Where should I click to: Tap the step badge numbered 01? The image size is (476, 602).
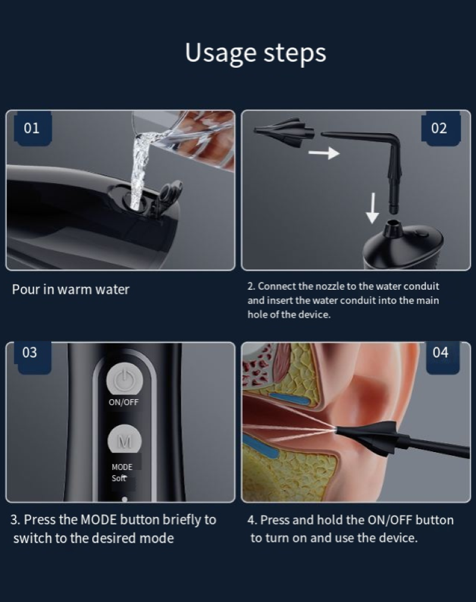[x=32, y=128]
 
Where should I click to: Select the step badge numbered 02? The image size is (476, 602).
[x=440, y=128]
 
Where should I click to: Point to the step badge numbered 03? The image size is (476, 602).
[x=32, y=352]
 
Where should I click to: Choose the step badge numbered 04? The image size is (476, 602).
[x=443, y=352]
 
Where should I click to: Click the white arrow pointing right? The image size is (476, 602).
[x=324, y=153]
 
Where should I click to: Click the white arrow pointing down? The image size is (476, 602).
[x=372, y=208]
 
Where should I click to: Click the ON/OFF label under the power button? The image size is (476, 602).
[x=123, y=402]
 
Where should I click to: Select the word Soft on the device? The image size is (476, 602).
[x=118, y=478]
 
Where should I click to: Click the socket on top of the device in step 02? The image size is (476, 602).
[x=391, y=228]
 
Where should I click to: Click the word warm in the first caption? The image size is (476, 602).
[x=74, y=290]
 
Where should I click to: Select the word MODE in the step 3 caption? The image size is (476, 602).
[x=98, y=520]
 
